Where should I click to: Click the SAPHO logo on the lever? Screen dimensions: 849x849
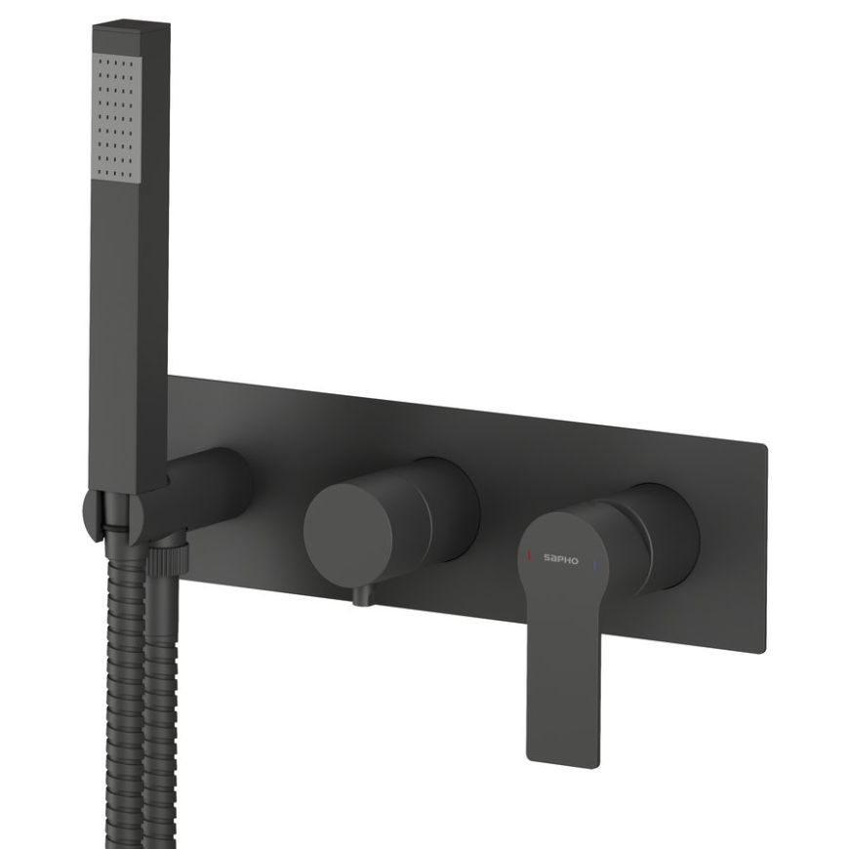(562, 559)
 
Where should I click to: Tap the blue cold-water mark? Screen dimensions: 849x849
(595, 561)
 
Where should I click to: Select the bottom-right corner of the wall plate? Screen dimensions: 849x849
(764, 647)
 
